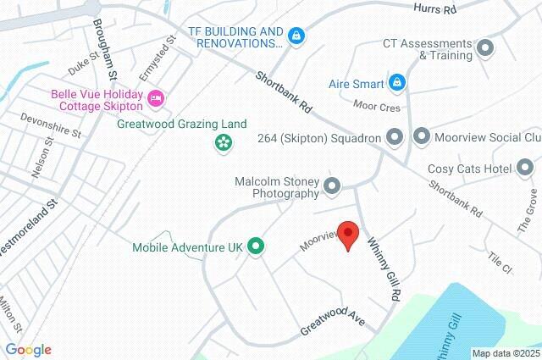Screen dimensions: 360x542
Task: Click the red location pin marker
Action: pos(348,236)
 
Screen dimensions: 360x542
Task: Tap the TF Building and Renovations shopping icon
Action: pos(296,36)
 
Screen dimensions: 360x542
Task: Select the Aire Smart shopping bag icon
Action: pos(397,83)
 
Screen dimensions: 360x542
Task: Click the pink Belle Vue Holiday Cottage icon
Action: pos(155,100)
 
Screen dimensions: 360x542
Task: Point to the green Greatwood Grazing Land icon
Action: pos(222,142)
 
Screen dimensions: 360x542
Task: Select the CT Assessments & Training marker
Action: pos(485,48)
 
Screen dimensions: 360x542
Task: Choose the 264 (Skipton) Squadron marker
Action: pos(394,136)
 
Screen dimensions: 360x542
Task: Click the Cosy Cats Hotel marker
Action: pos(525,169)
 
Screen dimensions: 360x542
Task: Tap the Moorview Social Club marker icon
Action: pos(422,136)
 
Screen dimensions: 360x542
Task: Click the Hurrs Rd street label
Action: pos(435,9)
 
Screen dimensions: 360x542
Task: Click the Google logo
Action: pos(27,350)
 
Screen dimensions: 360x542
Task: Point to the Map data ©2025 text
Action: pos(506,353)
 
